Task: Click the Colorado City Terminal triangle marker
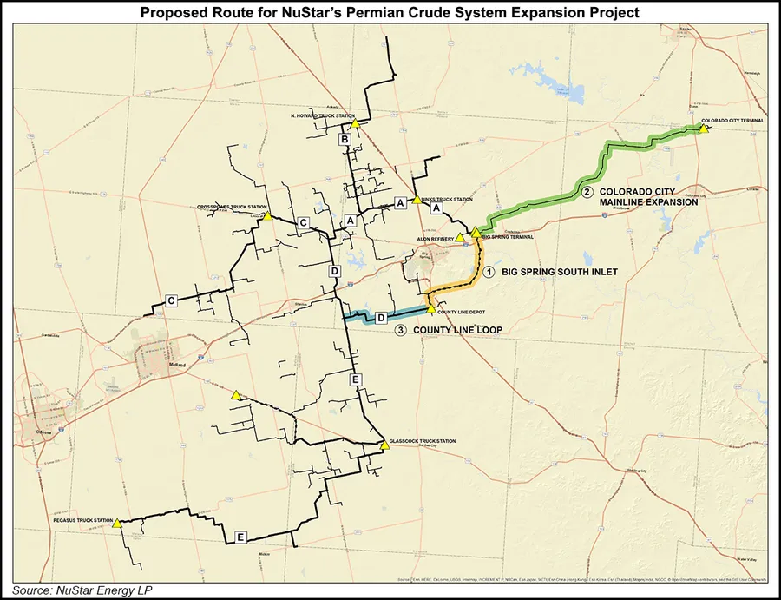click(703, 129)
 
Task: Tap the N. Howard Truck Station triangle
click(355, 124)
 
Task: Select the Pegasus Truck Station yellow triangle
click(117, 524)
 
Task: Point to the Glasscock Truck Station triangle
click(384, 446)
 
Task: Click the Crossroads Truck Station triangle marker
click(269, 216)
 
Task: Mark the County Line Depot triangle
click(431, 309)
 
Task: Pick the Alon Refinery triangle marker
click(460, 237)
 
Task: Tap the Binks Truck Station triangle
click(417, 200)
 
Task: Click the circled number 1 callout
click(489, 272)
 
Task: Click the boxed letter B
click(344, 140)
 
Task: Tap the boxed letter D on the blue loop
click(380, 320)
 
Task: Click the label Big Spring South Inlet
click(560, 272)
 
